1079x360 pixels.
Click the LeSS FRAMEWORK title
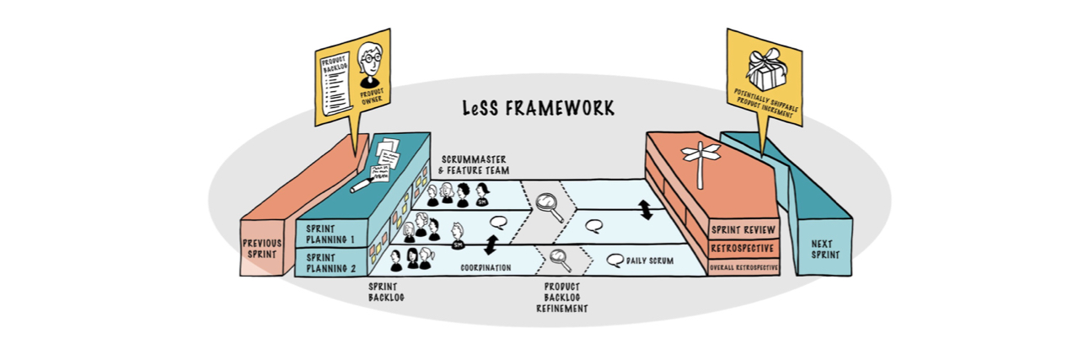pyautogui.click(x=538, y=109)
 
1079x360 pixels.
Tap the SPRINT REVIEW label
pyautogui.click(x=743, y=229)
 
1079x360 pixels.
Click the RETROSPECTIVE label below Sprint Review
pyautogui.click(x=743, y=248)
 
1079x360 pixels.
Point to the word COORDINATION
pyautogui.click(x=488, y=267)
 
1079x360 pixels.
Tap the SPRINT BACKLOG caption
pyautogui.click(x=387, y=291)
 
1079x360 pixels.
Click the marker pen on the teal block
pyautogui.click(x=364, y=183)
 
